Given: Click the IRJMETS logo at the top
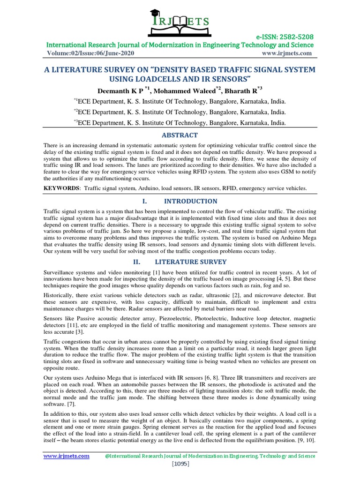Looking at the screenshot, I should coord(180,19).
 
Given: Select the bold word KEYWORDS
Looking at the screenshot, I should coord(60,188).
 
